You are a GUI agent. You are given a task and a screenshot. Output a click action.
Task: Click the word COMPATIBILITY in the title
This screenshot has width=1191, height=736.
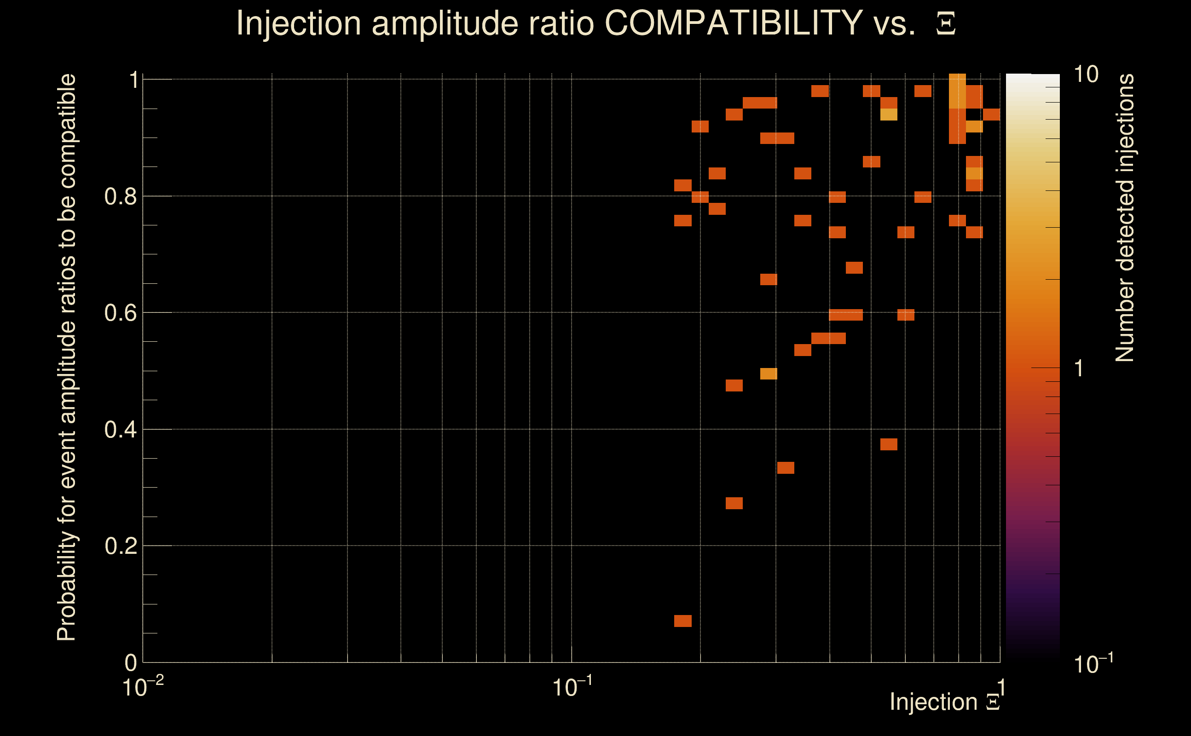tap(733, 23)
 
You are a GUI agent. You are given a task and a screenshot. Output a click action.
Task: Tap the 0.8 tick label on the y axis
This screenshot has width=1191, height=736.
tap(120, 197)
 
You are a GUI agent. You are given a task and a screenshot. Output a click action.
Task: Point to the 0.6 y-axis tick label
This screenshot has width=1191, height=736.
tap(120, 313)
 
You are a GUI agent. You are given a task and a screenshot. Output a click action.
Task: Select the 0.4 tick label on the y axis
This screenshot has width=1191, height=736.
tap(120, 430)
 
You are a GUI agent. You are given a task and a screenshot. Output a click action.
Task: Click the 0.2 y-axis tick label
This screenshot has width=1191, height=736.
tap(120, 546)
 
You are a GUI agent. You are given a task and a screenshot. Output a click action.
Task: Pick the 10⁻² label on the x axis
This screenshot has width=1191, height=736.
tap(143, 687)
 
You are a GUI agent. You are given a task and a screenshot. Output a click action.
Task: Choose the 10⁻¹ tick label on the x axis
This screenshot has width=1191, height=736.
tap(572, 687)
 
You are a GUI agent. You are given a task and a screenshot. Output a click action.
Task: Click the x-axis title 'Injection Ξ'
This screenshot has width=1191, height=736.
tap(945, 702)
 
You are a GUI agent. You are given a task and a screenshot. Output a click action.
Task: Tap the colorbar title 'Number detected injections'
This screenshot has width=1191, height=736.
tap(1124, 218)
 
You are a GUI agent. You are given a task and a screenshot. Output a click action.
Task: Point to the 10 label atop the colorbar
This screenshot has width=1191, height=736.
tap(1086, 75)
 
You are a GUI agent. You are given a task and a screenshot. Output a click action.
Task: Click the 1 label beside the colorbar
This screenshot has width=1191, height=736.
tap(1079, 368)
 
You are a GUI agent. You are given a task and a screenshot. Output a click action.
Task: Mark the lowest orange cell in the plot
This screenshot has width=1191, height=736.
tap(682, 621)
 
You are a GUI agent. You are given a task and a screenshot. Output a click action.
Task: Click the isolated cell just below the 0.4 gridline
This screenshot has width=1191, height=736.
tap(889, 444)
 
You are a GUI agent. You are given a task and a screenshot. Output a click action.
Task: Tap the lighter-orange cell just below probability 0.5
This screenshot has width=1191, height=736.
tap(769, 374)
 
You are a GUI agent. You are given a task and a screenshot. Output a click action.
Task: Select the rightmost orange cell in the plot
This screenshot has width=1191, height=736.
tap(991, 115)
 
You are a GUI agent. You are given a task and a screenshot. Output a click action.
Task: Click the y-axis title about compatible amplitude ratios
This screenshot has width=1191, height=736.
tap(67, 358)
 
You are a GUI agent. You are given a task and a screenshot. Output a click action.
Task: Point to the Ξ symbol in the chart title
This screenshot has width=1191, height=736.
tap(946, 24)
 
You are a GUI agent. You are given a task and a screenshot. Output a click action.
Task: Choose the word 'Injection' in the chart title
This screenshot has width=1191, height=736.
tap(299, 23)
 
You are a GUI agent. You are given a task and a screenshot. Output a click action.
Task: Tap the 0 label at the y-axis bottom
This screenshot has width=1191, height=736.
tap(131, 663)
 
